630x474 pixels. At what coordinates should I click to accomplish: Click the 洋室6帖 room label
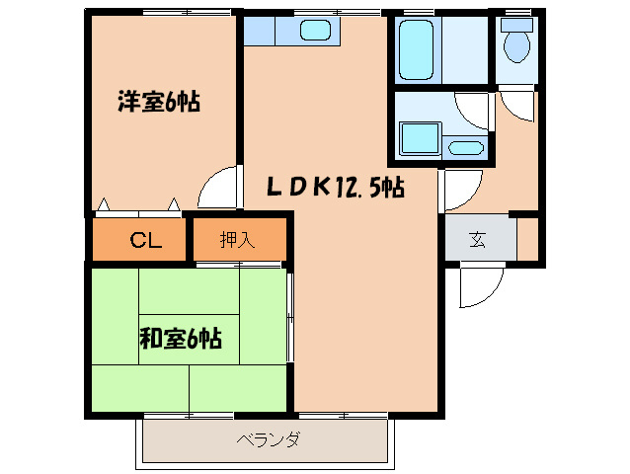point(159,101)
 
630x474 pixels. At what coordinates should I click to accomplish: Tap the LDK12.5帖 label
point(336,186)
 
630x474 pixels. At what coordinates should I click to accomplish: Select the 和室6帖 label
point(180,340)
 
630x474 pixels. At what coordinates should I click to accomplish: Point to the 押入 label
point(237,239)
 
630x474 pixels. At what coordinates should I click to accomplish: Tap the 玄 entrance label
point(478,238)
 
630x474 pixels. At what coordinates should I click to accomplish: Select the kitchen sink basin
point(315,31)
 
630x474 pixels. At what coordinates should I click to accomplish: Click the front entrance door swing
point(479,286)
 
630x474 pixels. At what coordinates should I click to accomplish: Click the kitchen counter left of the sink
point(268,31)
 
